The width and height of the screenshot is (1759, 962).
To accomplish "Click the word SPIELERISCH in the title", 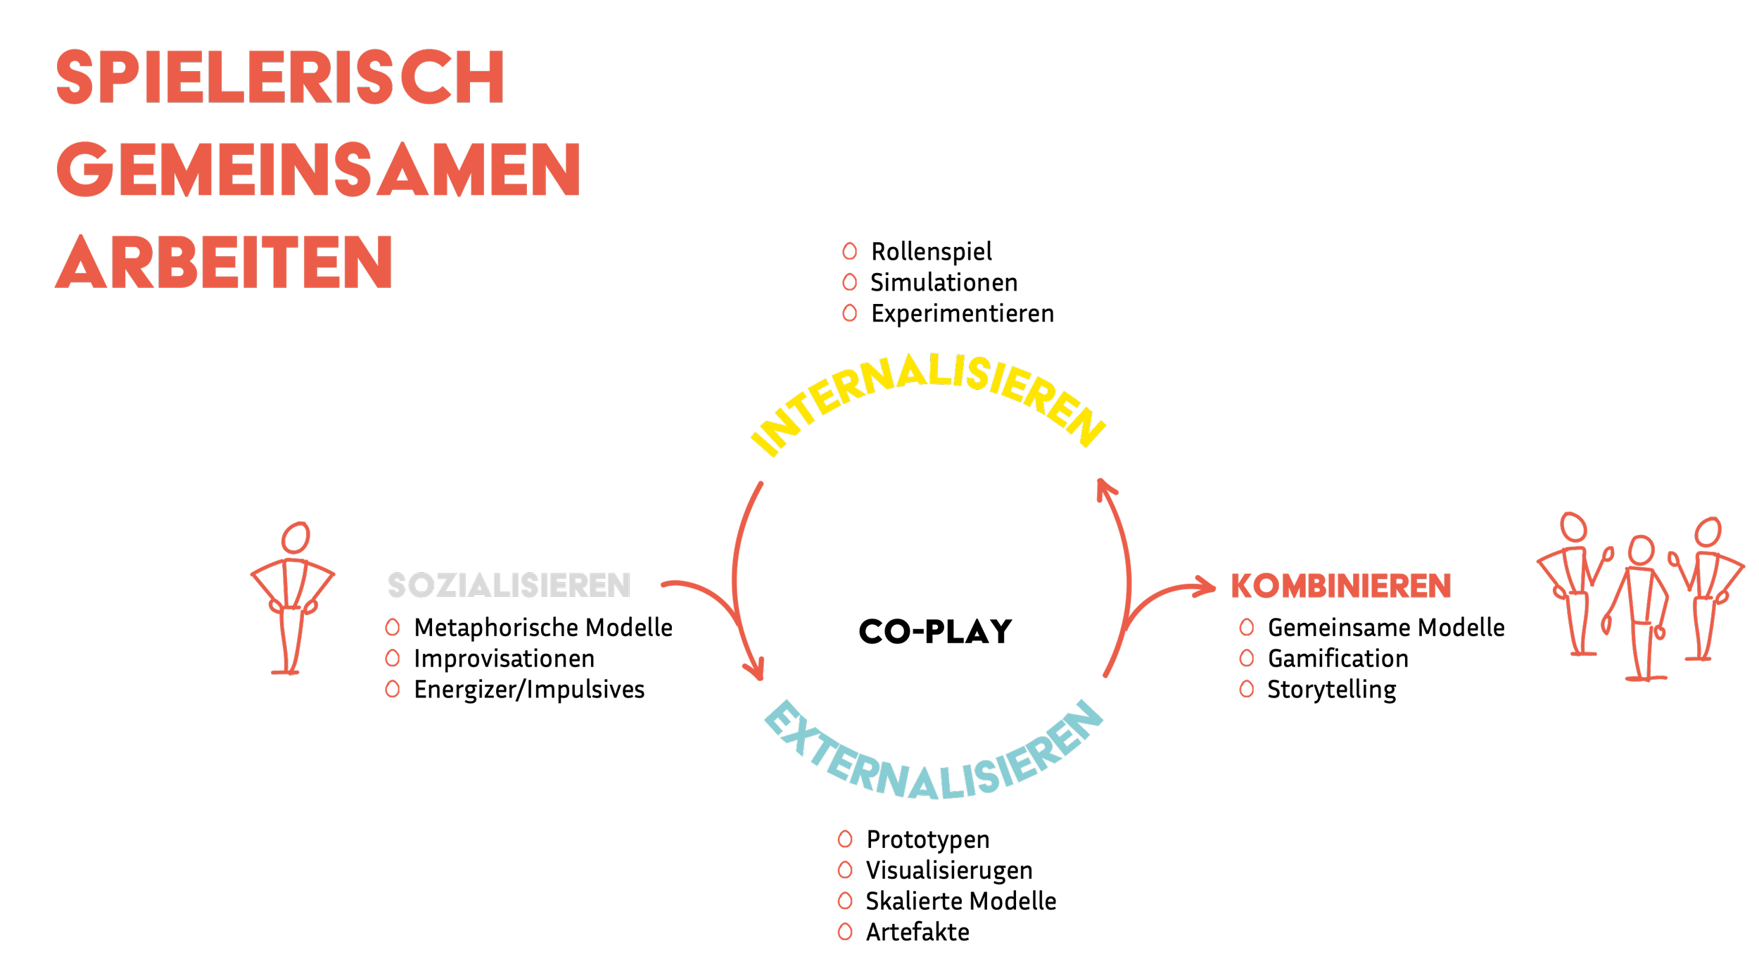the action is coord(279,77).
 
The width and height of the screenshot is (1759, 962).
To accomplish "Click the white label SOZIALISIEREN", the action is coord(509,586).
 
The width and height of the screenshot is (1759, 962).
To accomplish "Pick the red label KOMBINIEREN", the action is coord(1340,586).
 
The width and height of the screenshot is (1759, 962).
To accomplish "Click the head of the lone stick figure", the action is coord(296,538).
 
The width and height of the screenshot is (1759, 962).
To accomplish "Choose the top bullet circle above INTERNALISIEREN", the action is coord(850,251).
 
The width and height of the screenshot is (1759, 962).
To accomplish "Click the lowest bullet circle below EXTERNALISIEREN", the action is coord(845,932).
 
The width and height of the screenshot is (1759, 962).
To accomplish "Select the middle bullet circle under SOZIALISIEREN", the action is coord(393,658).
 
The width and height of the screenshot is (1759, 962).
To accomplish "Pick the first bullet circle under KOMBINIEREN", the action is coord(1247,627).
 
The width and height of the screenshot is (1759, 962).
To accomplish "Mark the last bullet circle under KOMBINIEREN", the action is coord(1247,689).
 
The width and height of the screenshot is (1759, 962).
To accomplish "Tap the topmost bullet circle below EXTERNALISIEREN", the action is coord(845,839).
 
